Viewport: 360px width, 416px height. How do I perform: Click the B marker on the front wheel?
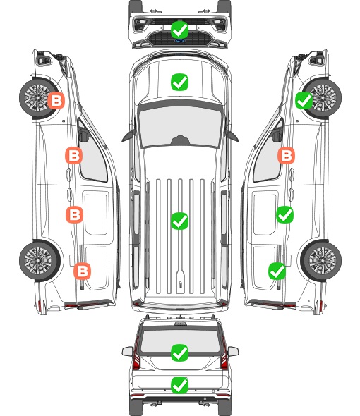click(x=56, y=101)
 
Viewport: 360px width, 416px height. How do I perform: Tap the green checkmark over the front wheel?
click(x=304, y=101)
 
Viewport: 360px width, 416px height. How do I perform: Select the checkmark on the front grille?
click(x=179, y=30)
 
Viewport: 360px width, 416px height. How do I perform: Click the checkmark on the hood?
click(x=179, y=82)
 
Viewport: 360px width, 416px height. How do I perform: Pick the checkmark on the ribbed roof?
click(x=179, y=221)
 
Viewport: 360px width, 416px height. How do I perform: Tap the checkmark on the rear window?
click(x=179, y=353)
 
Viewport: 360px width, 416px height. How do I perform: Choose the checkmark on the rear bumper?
click(x=179, y=385)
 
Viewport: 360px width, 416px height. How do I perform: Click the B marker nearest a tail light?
click(x=82, y=271)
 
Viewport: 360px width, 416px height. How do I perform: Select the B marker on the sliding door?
click(x=74, y=214)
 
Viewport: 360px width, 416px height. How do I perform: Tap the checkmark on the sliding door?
click(x=284, y=214)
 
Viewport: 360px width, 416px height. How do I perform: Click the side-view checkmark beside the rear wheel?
click(x=277, y=271)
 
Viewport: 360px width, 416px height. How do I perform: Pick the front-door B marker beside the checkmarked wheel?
click(x=286, y=155)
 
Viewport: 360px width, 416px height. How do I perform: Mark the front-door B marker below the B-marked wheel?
click(x=73, y=155)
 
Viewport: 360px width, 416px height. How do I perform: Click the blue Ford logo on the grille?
click(x=179, y=41)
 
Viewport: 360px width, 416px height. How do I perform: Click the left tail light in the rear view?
click(x=136, y=354)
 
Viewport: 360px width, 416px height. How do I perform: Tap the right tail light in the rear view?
click(x=224, y=354)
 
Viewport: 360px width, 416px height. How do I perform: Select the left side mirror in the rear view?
click(x=127, y=352)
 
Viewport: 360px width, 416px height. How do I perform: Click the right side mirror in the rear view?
click(x=233, y=352)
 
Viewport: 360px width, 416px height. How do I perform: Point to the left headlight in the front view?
click(x=140, y=24)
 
